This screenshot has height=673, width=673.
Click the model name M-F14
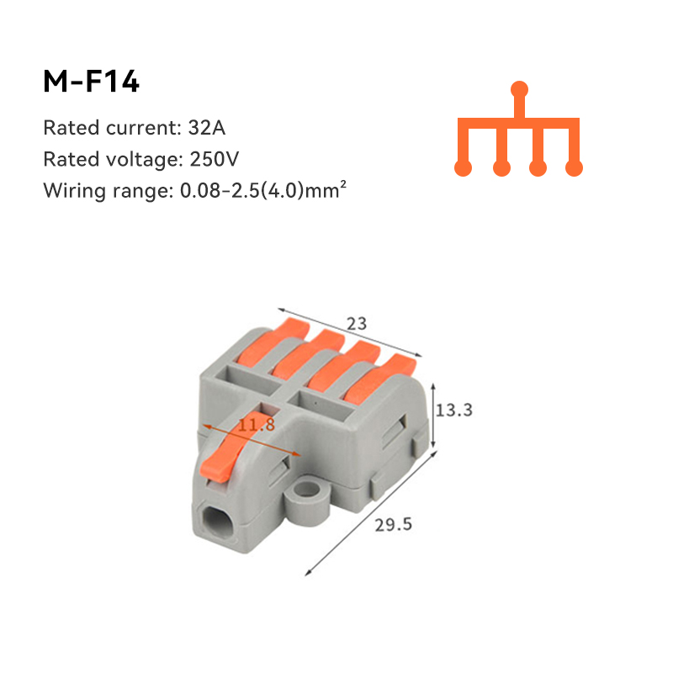91,82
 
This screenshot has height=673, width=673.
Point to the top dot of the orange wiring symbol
520,88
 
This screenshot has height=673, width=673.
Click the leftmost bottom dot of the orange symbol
463,168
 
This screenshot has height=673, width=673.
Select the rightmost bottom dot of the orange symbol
574,168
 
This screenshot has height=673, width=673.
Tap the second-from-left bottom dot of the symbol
502,168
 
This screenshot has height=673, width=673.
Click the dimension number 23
357,322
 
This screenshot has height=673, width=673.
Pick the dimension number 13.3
456,410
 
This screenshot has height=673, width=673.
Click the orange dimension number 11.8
256,425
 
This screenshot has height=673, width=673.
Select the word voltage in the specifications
136,160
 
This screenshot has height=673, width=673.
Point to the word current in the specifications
137,129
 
